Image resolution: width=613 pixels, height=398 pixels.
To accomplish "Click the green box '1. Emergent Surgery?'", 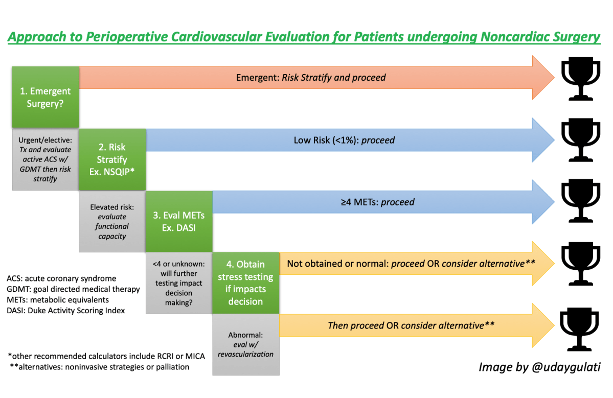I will (x=46, y=97).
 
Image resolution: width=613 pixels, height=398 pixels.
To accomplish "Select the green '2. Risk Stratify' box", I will (x=112, y=159).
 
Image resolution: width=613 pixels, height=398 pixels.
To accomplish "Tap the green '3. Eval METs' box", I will (x=179, y=221).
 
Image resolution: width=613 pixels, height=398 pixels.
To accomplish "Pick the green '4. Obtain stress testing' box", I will (x=246, y=283).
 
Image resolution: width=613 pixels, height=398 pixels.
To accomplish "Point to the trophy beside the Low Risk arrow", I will (x=581, y=140).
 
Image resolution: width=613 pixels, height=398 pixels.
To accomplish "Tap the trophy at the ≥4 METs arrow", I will (x=581, y=202).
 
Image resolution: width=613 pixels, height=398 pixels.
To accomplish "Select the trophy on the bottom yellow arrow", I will (x=581, y=325).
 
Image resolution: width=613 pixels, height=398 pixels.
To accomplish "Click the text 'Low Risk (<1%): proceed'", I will (x=344, y=140).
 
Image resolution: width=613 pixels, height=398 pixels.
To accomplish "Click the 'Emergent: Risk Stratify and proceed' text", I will (x=311, y=78).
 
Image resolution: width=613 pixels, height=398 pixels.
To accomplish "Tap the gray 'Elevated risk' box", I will (x=112, y=222).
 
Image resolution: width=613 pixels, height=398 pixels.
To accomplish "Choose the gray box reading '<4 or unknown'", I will (x=179, y=283).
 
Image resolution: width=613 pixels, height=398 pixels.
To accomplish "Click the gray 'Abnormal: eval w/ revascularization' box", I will (x=246, y=345).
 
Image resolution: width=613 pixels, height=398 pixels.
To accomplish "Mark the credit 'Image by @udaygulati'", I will (x=539, y=367).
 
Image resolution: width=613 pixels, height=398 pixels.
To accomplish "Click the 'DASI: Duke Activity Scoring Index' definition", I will (x=66, y=310).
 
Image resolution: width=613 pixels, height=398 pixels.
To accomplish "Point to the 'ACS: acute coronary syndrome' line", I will (x=61, y=278).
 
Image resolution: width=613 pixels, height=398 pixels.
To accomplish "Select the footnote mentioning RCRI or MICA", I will (x=106, y=356).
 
